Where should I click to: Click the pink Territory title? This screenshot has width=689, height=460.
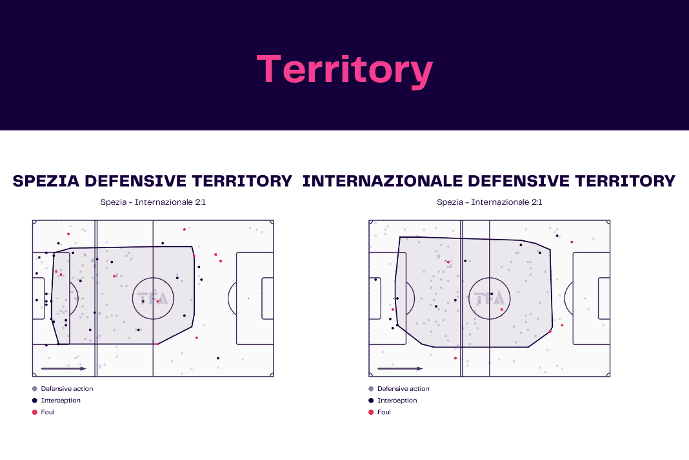[x=345, y=70]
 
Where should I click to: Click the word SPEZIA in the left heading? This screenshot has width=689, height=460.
[x=46, y=181]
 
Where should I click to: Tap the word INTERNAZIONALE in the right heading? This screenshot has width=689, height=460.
[x=383, y=181]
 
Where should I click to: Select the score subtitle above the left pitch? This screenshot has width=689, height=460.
[x=153, y=202]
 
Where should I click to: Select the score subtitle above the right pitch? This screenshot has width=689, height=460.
[x=489, y=202]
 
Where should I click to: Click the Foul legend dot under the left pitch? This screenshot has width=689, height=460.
[x=35, y=412]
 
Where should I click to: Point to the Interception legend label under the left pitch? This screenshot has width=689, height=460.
[x=61, y=400]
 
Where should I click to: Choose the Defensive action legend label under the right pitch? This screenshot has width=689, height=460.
[x=403, y=389]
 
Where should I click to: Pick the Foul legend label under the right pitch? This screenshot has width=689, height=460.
[x=384, y=412]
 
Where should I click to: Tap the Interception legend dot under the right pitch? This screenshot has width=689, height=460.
[x=371, y=400]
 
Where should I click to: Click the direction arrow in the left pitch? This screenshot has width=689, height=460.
[x=64, y=368]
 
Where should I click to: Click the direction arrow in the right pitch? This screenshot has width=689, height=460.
[x=400, y=368]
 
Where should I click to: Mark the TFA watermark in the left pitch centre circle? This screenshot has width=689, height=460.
[x=153, y=299]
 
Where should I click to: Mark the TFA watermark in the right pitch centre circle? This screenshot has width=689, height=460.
[x=489, y=299]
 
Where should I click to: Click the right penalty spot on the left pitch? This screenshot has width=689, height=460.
[x=249, y=298]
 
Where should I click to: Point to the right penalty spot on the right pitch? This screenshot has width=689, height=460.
[x=585, y=298]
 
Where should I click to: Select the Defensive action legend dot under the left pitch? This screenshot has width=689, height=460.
[x=35, y=389]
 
